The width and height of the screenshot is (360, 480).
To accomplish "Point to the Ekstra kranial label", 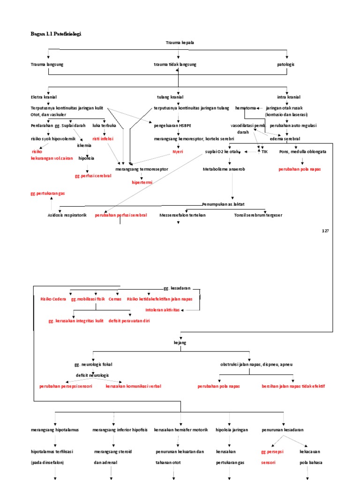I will point(44,97).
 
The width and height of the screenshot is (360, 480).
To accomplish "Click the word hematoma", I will point(246,108).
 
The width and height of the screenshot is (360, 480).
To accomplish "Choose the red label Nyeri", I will point(178,152).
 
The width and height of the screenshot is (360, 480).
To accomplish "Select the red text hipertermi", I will point(142,182).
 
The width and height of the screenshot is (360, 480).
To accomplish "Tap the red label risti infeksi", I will point(103,139).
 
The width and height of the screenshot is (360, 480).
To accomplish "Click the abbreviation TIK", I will point(264,152).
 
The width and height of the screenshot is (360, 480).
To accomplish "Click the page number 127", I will point(326,231).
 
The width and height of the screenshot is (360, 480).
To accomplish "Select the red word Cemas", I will point(115,299).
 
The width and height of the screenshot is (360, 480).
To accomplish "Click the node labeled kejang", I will point(180,343).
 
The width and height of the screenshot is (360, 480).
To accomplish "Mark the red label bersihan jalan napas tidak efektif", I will point(293,386).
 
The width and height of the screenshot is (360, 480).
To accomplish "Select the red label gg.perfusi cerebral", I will point(93,176).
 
